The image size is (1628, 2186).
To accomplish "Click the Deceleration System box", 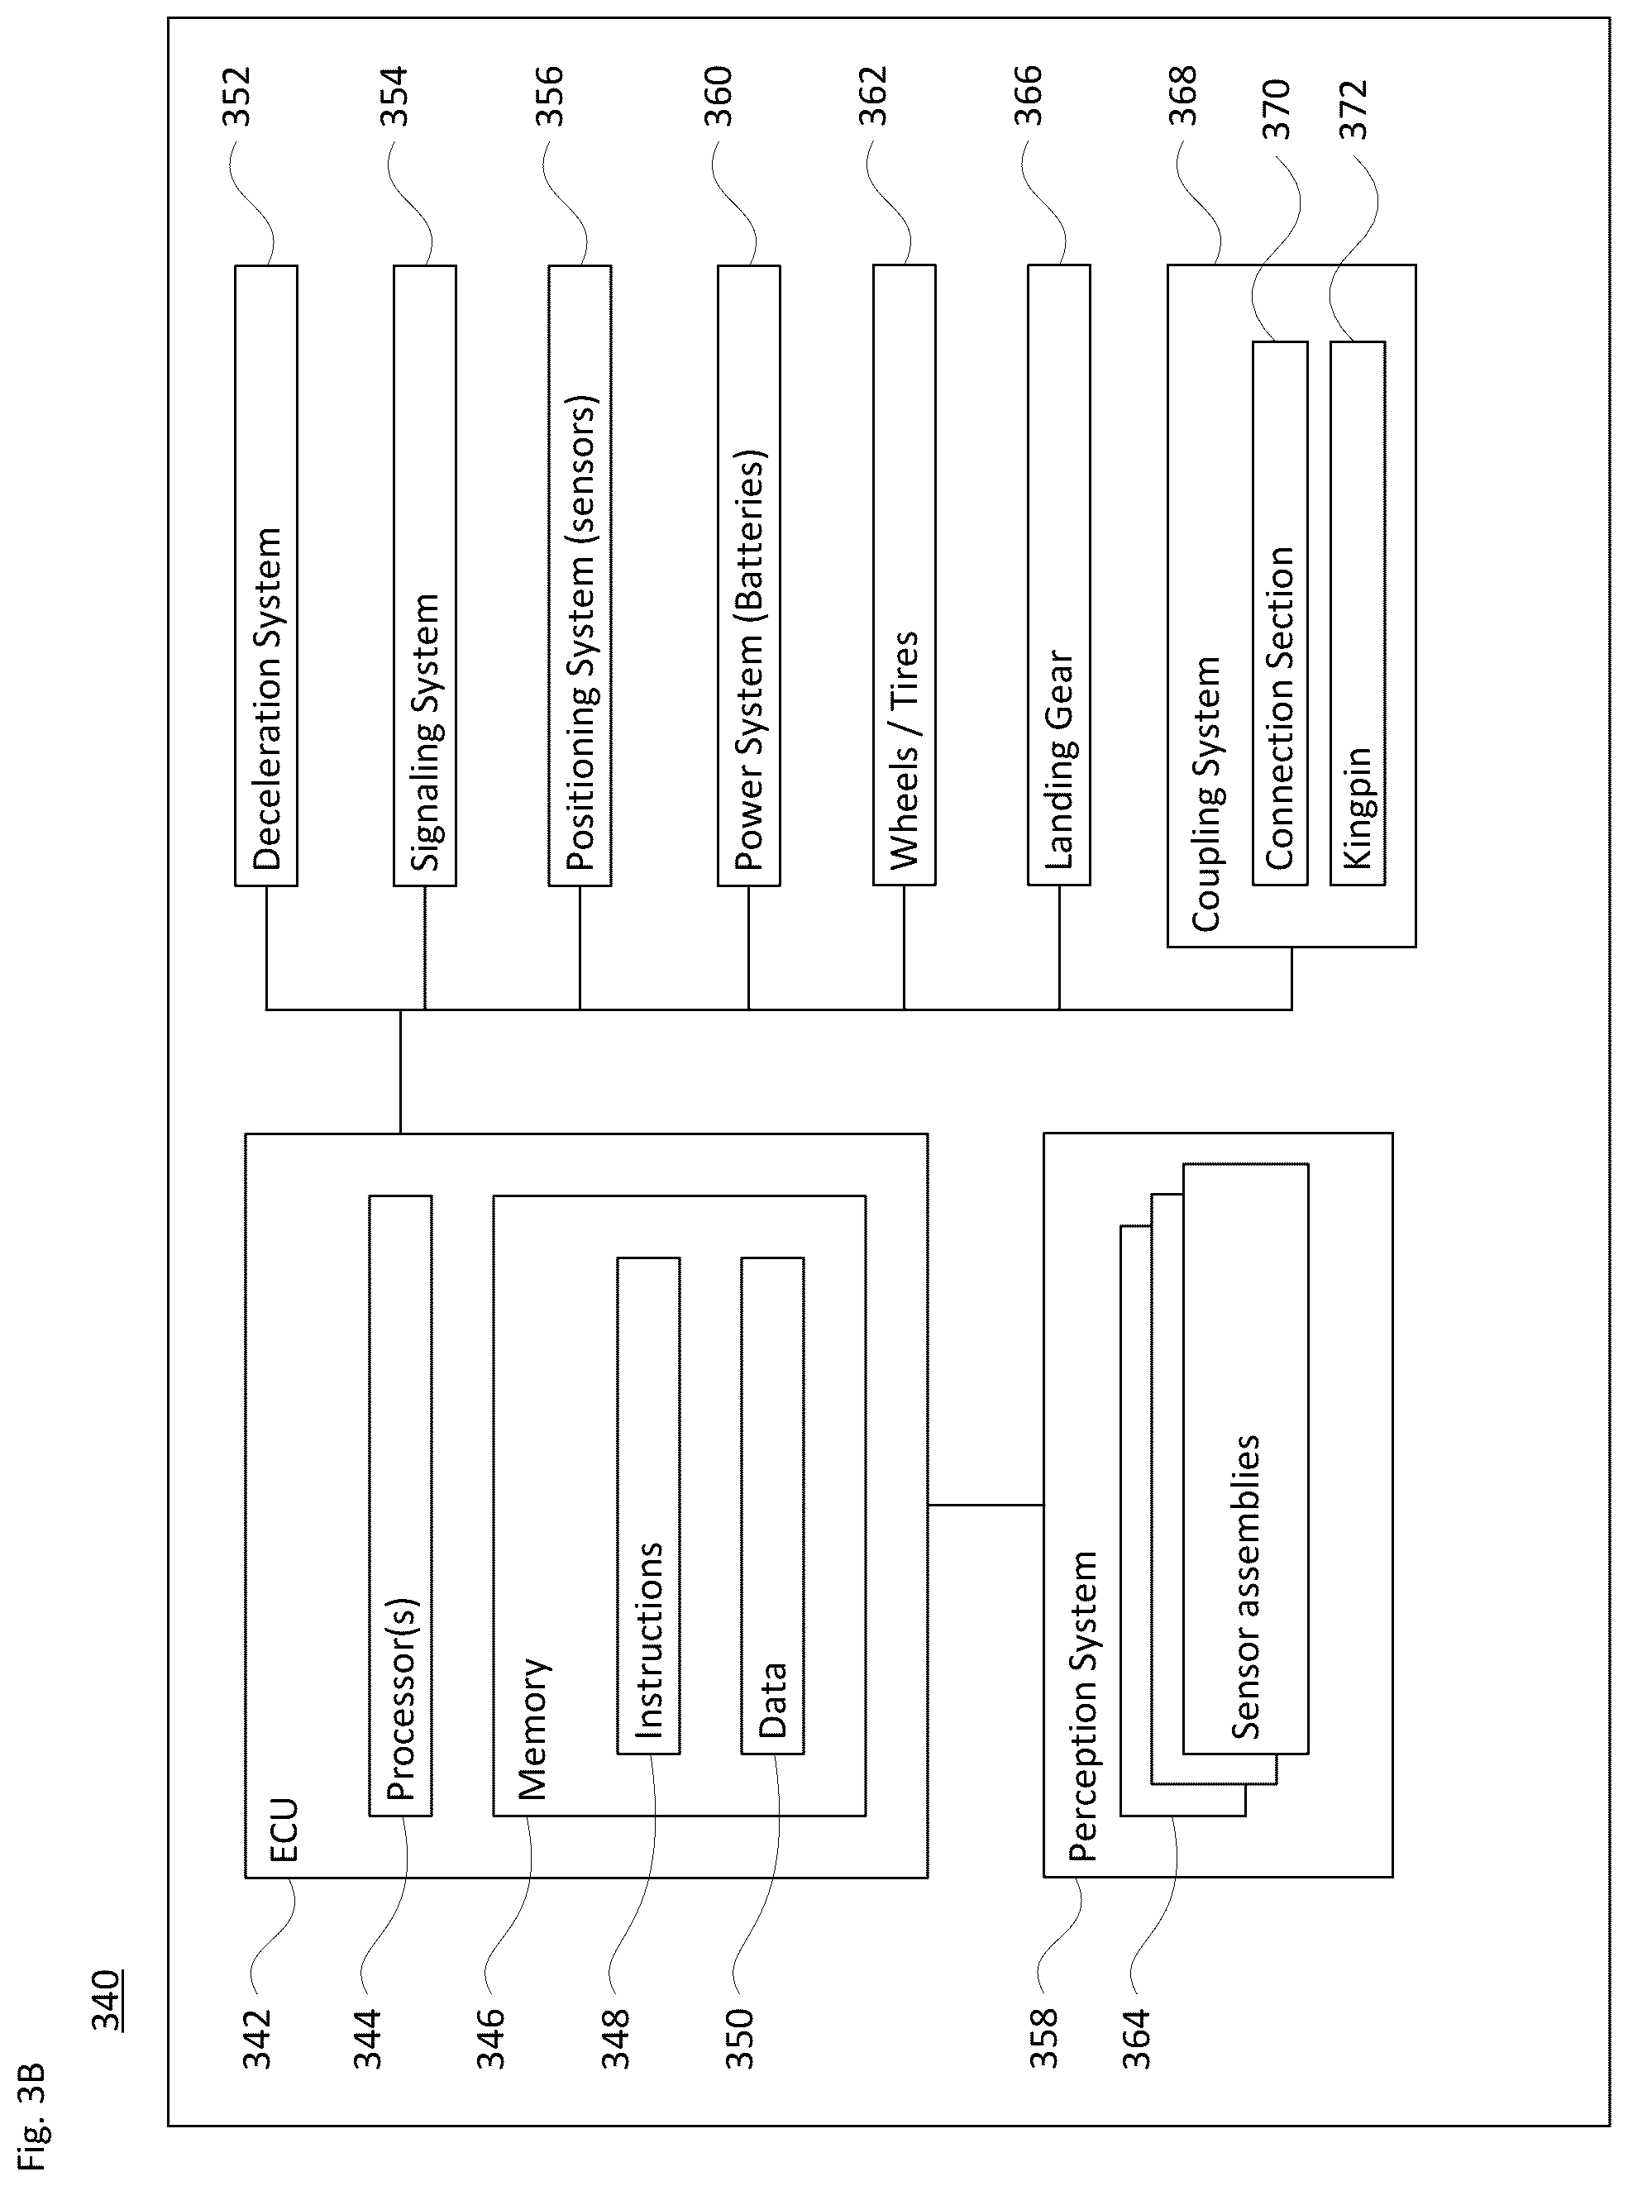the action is pos(266,575).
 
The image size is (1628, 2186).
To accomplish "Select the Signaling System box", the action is pos(425,575).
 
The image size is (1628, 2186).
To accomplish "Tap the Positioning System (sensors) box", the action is pos(580,575).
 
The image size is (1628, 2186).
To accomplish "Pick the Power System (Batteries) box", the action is pos(749,575).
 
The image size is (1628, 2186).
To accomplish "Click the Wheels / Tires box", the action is pos(904,575).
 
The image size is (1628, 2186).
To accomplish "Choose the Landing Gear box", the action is pos(1059,575).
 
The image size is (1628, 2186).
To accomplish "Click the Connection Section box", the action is pos(1280,613).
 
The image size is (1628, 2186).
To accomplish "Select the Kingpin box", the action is pos(1357,613).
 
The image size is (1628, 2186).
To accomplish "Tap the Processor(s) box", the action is pos(400,1505).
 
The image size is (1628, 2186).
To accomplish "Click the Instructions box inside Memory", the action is pos(648,1505).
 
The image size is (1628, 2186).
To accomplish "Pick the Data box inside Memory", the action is pos(772,1505).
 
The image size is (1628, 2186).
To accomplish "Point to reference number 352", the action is pos(236,96).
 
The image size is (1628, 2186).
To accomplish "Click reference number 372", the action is pos(1355,109).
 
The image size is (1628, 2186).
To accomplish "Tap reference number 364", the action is pos(1136,2039).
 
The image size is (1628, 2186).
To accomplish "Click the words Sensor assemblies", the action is pos(1246,1587).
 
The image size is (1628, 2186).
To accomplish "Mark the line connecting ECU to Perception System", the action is pos(986,1505).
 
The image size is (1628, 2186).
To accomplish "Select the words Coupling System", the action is pos(1206,795).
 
